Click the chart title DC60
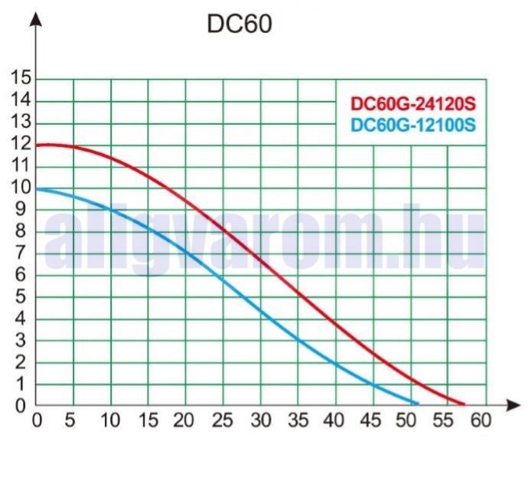coord(239,24)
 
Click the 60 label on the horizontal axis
coord(480,421)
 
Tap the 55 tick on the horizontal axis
coord(443,421)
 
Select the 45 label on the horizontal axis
coord(368,421)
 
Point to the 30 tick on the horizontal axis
coord(262,421)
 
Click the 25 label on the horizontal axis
coord(224,421)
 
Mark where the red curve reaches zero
coord(464,403)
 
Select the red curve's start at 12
coord(37,144)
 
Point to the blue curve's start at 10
coord(37,188)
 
